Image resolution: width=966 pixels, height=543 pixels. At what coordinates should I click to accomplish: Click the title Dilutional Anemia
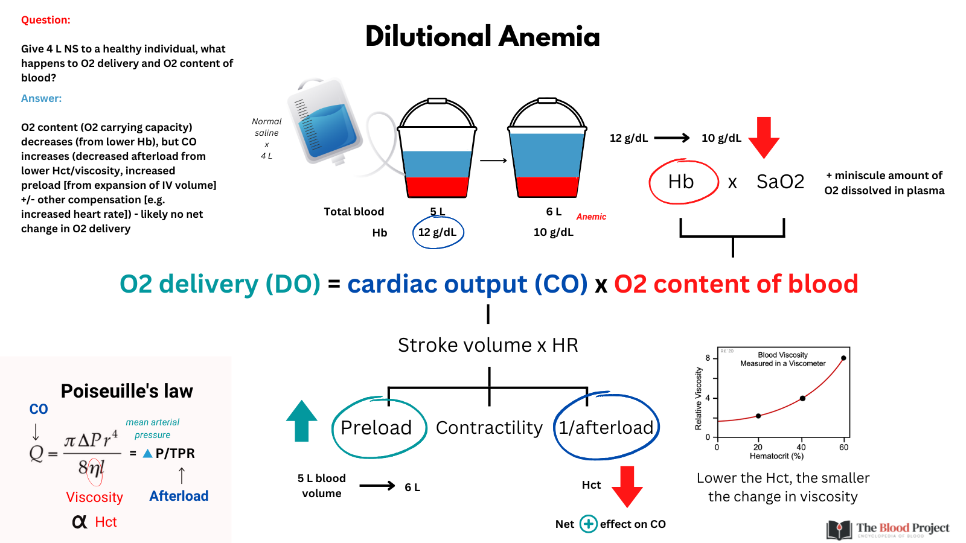click(482, 36)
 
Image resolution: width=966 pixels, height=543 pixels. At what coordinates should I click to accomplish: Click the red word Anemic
click(591, 217)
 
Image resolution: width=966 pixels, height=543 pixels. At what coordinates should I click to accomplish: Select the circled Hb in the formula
click(681, 182)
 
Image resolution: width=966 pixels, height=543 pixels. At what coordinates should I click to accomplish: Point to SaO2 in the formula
click(780, 182)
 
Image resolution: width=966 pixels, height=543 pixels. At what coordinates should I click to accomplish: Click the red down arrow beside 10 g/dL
click(764, 138)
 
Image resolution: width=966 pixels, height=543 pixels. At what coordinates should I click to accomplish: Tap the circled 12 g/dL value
click(437, 232)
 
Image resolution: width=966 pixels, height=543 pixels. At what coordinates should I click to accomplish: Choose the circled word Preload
click(376, 428)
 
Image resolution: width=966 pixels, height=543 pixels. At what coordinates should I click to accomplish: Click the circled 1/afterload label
click(606, 428)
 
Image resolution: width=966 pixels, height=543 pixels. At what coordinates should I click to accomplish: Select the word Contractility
click(489, 428)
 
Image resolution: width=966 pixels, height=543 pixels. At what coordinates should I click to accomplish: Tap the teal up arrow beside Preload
click(301, 421)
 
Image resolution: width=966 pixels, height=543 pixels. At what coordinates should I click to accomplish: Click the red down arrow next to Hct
click(627, 486)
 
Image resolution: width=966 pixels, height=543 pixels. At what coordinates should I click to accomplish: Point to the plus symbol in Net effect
click(588, 524)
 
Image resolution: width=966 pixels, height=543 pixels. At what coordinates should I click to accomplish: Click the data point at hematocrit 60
click(843, 358)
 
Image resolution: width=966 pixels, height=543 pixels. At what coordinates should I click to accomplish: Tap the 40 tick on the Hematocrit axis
click(801, 447)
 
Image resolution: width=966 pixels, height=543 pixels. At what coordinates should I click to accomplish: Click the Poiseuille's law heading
click(127, 392)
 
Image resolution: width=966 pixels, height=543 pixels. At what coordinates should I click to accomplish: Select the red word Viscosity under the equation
click(94, 497)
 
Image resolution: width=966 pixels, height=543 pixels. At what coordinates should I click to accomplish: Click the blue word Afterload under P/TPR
click(179, 496)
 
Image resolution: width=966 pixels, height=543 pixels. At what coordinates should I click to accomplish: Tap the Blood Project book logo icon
click(839, 529)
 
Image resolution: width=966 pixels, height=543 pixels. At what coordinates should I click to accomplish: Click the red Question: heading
click(46, 20)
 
